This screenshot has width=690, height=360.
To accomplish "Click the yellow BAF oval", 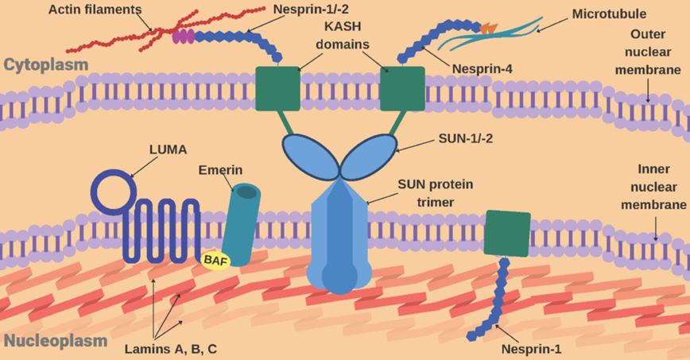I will [214, 259].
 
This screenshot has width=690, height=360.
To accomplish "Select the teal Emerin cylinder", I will [239, 223].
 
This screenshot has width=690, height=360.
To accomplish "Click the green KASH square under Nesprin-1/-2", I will [277, 89].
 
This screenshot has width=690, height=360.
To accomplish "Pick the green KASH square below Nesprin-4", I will [402, 89].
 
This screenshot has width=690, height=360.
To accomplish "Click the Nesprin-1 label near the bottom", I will [531, 347].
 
